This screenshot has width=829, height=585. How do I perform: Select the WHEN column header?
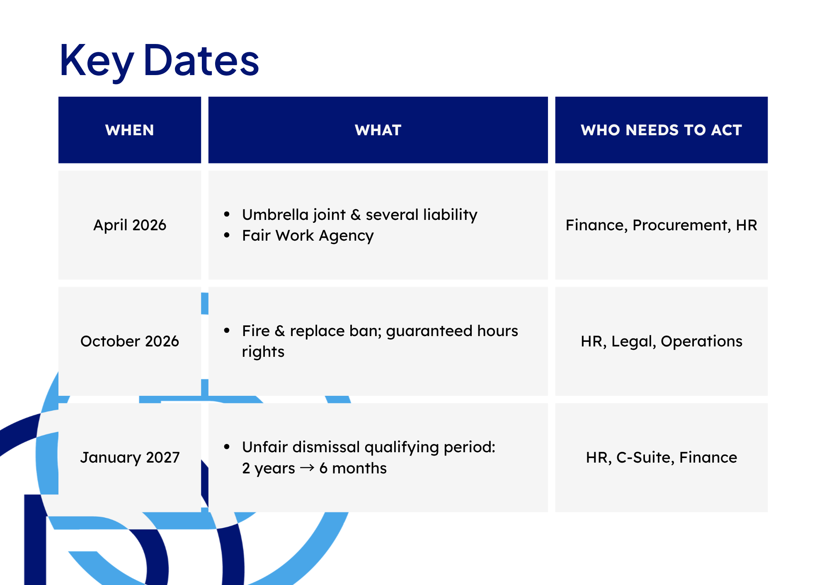coord(130,130)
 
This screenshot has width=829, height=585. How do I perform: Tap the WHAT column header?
coord(378,130)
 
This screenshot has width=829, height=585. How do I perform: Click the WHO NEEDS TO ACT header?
coord(661,130)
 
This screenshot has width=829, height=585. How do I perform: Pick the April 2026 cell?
coord(130,225)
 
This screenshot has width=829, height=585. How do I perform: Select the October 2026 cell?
coord(130,341)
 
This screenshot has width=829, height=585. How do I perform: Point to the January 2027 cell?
coord(130,458)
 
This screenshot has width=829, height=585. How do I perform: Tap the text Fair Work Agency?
coord(308,236)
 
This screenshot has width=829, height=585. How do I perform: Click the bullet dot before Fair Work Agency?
coord(227,235)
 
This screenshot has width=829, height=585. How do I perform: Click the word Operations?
coord(701,341)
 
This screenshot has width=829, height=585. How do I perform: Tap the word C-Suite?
coord(645,458)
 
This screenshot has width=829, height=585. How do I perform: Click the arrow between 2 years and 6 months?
coord(307,468)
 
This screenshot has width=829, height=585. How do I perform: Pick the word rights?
coord(263,352)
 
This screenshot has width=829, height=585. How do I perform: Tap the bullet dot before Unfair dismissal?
coord(227,447)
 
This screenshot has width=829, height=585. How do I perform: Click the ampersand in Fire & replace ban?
coord(280,331)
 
